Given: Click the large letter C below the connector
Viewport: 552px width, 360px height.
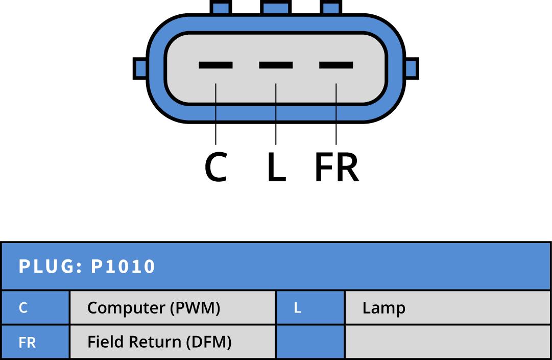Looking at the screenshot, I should click(215, 168).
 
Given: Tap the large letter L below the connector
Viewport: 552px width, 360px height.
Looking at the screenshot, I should click(276, 168).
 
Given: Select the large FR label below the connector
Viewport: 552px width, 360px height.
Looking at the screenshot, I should click(337, 168).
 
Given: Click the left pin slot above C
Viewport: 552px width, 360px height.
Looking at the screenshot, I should click(215, 65).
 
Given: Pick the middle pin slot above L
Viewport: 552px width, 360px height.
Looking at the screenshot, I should click(276, 65).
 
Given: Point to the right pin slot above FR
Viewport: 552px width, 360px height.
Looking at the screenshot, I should click(336, 65).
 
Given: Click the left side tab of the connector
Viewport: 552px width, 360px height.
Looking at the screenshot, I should click(140, 68).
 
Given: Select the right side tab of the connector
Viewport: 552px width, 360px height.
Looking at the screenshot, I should click(412, 68).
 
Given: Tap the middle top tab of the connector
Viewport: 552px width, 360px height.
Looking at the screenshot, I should click(276, 7).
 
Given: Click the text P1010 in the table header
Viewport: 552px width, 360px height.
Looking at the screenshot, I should click(123, 267).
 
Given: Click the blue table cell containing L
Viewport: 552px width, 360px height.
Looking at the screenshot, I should click(310, 308).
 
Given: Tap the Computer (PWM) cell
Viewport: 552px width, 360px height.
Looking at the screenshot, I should click(172, 308).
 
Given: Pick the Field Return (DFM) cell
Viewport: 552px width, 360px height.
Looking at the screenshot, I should click(172, 342).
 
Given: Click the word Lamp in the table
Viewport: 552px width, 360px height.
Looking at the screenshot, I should click(383, 308).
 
